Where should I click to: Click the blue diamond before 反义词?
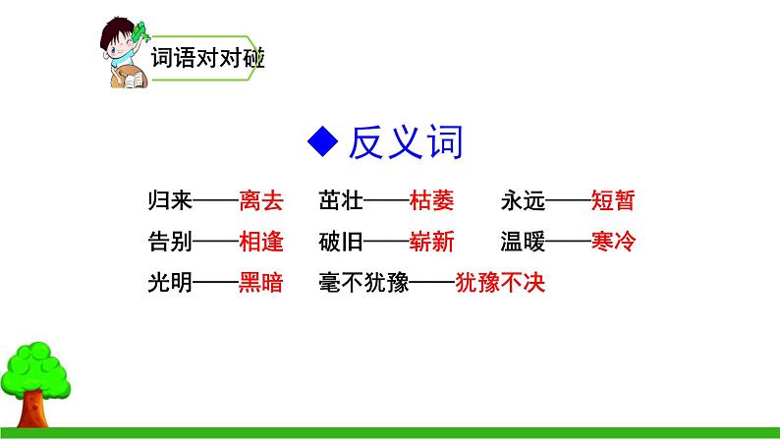click(321, 144)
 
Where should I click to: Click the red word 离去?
click(260, 202)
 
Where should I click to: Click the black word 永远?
click(522, 202)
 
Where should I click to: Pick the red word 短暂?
click(614, 202)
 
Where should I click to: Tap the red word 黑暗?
click(260, 283)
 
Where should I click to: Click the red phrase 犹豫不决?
click(499, 283)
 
